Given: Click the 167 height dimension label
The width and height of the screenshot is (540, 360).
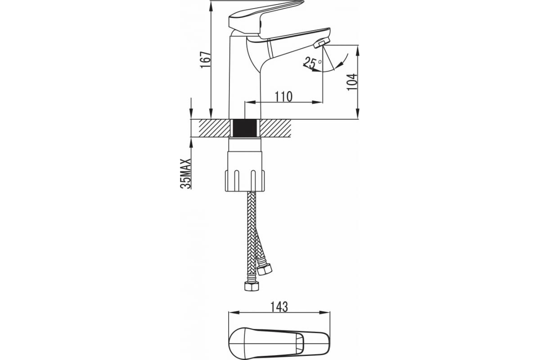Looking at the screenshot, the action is tap(206, 59).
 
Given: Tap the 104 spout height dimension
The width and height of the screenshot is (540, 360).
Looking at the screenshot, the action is tap(352, 82).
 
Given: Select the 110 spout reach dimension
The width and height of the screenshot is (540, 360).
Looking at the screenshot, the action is tap(283, 96).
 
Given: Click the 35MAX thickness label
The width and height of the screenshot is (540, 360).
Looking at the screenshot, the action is tap(185, 173).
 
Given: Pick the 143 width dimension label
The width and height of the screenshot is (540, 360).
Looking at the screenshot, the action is tap(279, 307).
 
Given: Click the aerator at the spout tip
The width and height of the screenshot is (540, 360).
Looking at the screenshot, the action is tap(322, 43).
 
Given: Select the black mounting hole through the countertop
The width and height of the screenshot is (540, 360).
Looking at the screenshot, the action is tap(245, 128).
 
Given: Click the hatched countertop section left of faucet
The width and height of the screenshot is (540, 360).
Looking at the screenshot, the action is tap(214, 128).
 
